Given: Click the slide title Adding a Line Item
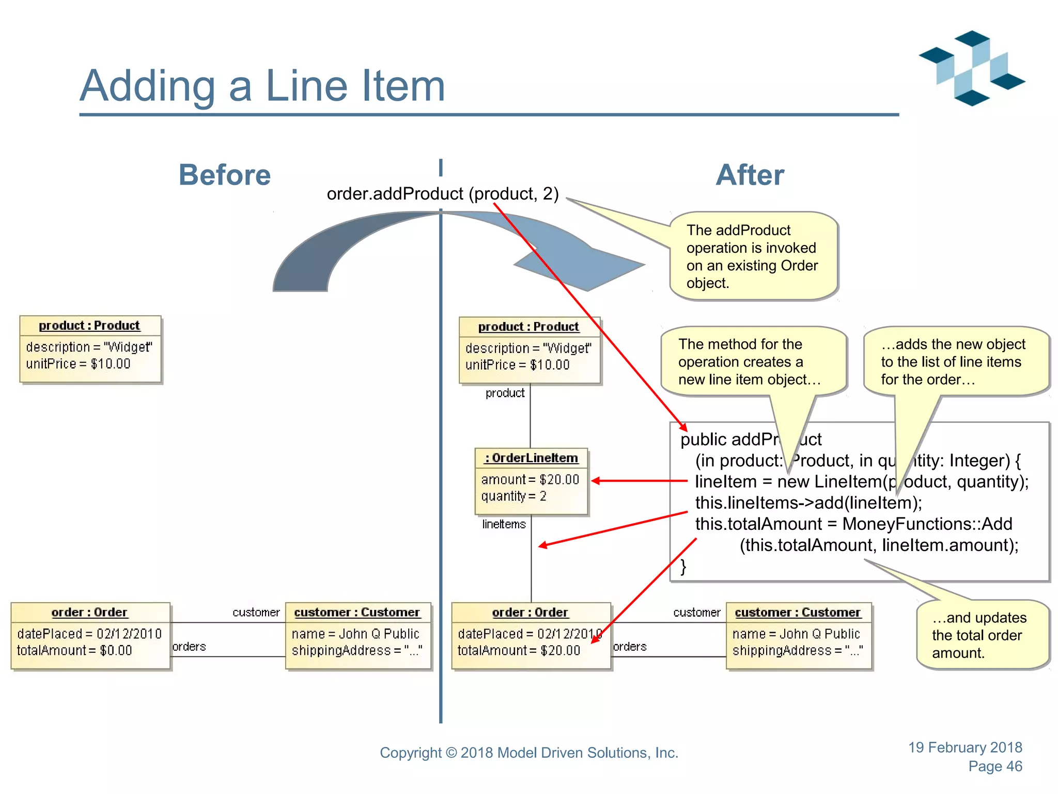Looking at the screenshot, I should click(262, 86).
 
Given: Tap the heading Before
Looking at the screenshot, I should click(224, 175).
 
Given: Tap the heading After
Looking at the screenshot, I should click(750, 175).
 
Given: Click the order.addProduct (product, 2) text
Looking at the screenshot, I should click(443, 194).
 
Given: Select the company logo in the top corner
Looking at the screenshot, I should click(972, 68).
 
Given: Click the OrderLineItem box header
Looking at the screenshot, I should click(531, 458).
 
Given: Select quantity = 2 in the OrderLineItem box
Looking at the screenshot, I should click(514, 496).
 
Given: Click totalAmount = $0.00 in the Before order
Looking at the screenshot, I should click(74, 650).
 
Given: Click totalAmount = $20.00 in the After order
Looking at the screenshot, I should click(519, 650).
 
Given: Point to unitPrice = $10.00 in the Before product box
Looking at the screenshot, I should click(78, 364).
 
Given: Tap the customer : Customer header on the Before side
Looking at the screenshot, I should click(357, 613).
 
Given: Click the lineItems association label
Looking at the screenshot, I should click(504, 524).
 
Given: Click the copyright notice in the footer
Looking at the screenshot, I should click(529, 753).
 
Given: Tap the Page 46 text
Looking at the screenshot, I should click(995, 767).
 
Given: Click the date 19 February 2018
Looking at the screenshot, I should click(965, 747).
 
